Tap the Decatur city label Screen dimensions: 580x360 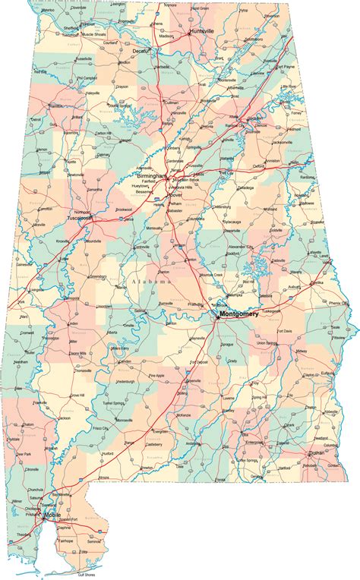[142, 51]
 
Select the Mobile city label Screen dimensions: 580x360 [52, 515]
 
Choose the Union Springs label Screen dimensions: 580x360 [267, 343]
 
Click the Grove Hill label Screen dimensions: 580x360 [77, 396]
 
